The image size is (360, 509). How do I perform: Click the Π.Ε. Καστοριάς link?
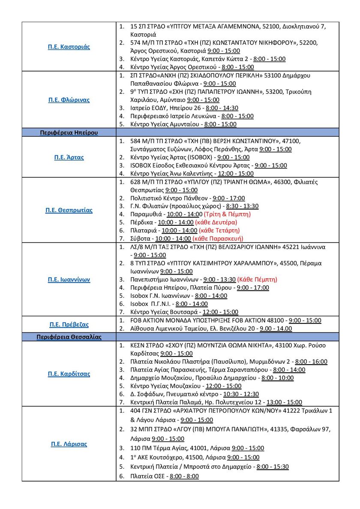coord(69,47)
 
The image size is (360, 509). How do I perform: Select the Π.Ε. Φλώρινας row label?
coord(69,100)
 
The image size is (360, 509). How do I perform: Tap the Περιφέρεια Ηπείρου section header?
coord(69,132)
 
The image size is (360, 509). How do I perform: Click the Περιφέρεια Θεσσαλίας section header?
coord(69,337)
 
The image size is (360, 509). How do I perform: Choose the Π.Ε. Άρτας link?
coord(69,157)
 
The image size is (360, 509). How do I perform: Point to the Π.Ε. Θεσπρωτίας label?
coord(69,210)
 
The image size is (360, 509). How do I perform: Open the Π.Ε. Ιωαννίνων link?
coord(69,279)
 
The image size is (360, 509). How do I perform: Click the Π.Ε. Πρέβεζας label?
coord(69,324)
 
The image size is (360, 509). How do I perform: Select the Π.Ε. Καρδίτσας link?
coord(69,374)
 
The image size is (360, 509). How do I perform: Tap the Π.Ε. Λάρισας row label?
coord(69,444)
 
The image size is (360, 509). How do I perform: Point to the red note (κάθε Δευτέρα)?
coord(216,222)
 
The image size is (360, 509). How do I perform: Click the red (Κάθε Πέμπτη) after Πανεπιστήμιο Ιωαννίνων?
coord(257,279)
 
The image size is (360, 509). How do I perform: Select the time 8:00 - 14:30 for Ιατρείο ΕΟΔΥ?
coord(222,108)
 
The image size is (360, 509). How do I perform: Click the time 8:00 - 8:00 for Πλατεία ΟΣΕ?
coord(184,476)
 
